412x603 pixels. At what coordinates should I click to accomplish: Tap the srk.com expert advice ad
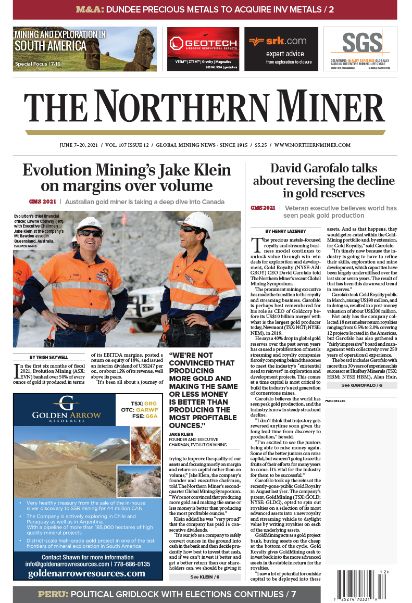pos(281,49)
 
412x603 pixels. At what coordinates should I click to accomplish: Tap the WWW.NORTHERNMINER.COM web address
pos(312,145)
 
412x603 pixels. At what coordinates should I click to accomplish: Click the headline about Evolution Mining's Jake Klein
pos(127,178)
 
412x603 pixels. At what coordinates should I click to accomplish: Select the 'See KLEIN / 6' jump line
pos(205,576)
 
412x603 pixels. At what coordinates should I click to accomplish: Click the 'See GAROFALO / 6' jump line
pos(361,385)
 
